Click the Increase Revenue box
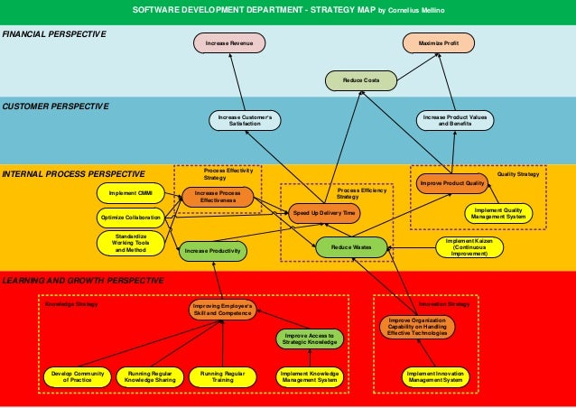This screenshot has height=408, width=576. pos(229,43)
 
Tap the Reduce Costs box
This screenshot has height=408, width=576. pos(360,81)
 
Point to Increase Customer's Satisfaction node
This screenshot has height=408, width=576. pos(245,119)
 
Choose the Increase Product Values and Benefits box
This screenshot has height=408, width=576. pos(454,119)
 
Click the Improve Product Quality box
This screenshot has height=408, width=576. pos(452,183)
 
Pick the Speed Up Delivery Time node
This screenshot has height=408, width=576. pos(324,212)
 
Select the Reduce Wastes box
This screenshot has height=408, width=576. pos(351,246)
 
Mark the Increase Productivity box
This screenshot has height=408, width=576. pos(212,251)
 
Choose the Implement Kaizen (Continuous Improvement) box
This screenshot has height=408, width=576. pos(469,247)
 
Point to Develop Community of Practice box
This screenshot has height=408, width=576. pos(77,376)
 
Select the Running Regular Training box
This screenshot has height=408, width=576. pos(223,376)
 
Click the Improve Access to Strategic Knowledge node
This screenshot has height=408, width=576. pos(309,338)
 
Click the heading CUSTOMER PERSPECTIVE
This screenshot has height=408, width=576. pos(56,107)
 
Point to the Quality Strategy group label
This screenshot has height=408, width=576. pos(518,173)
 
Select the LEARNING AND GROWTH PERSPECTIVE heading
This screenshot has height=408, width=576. pos(82,281)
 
